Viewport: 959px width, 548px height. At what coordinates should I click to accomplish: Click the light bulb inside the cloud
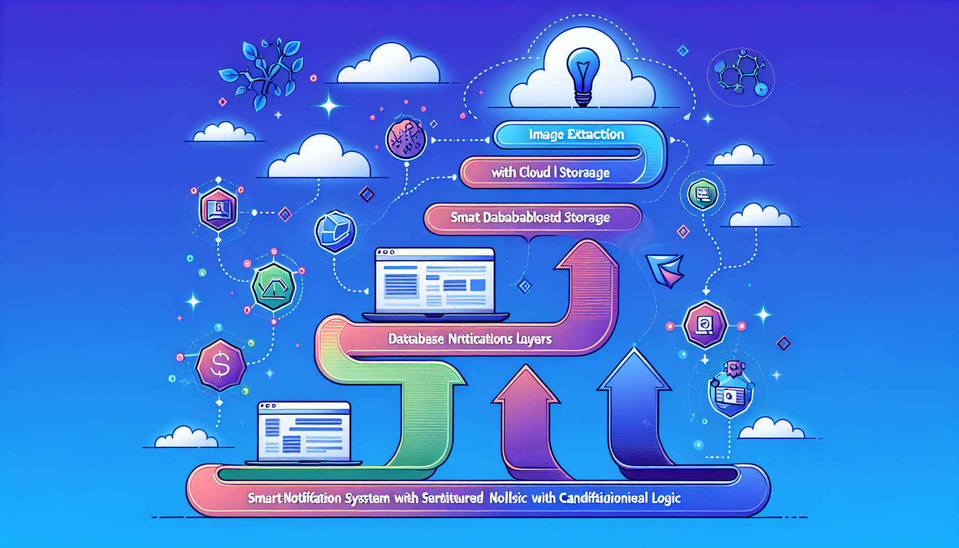point(583,75)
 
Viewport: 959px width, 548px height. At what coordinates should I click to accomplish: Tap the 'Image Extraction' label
point(576,134)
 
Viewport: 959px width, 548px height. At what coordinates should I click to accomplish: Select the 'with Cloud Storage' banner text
point(550,172)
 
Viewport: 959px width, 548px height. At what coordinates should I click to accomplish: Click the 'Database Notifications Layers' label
point(469,339)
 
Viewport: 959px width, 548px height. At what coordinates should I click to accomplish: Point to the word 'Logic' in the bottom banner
point(666,498)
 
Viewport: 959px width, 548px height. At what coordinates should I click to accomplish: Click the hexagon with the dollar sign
point(220,365)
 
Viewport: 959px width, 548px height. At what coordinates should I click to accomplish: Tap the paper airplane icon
point(666,269)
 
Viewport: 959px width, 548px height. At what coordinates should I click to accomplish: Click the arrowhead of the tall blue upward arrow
point(635,369)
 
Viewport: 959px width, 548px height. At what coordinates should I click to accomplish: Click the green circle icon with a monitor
point(703,194)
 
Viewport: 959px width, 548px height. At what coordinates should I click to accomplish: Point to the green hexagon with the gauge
point(273,287)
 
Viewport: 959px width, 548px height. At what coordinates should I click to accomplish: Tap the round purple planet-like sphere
point(406,140)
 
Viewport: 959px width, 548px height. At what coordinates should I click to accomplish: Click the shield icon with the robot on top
point(730,393)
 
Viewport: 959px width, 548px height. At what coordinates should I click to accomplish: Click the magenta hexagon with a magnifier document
point(705,325)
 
